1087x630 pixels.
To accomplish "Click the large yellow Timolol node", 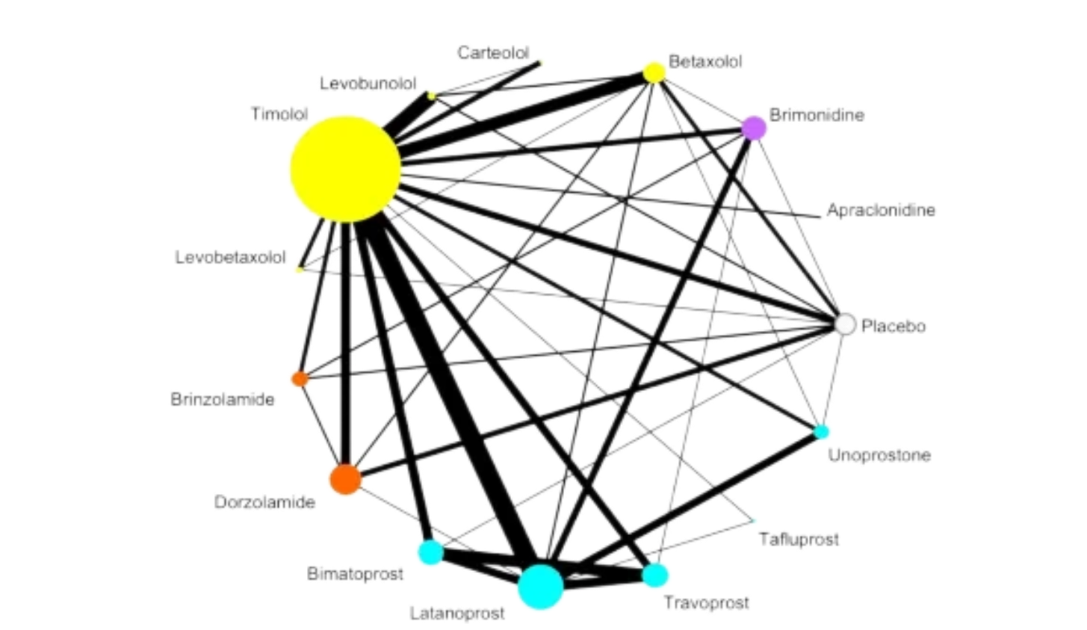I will coord(344,167).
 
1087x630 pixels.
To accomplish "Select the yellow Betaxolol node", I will coord(654,71).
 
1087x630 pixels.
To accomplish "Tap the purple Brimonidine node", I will coord(755,126).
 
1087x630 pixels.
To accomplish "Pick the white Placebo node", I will coord(845,324).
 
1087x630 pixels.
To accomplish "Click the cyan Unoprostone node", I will coord(823,431).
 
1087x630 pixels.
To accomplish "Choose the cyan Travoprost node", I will coord(657,575).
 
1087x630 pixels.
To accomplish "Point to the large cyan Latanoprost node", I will coord(540,587).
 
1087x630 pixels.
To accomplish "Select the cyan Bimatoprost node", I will coord(430,553).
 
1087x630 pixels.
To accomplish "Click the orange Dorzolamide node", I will coord(344,479).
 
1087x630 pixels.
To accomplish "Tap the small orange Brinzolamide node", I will coord(299,378).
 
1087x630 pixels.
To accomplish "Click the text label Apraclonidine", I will coord(880,211).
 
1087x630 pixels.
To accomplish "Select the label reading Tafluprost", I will coord(799,539).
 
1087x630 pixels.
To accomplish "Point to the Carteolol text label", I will coord(495,53).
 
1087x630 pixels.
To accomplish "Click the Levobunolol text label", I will coord(368,83).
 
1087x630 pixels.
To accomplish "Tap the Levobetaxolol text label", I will coord(231,257).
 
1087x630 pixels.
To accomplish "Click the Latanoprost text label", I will coord(456,614).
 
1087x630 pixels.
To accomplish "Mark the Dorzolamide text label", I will coord(264,502).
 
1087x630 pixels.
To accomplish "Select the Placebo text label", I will coord(894,327).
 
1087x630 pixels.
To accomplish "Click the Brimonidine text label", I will coord(817,115).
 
